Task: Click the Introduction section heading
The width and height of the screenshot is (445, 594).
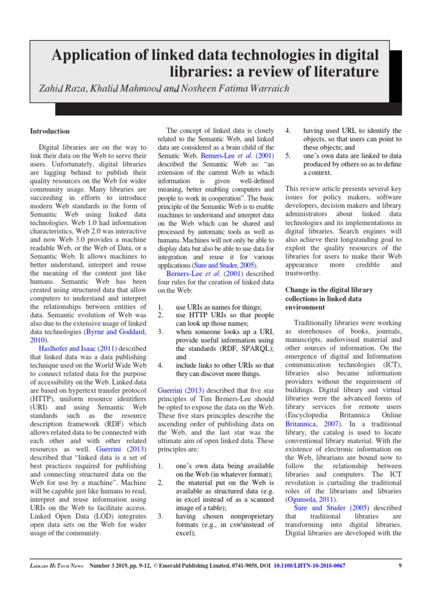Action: [50, 131]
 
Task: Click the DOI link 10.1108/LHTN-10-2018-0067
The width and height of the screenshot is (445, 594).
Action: [308, 566]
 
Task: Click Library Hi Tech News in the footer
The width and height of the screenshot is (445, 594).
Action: [57, 566]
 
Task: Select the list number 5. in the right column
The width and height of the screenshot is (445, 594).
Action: [288, 156]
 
